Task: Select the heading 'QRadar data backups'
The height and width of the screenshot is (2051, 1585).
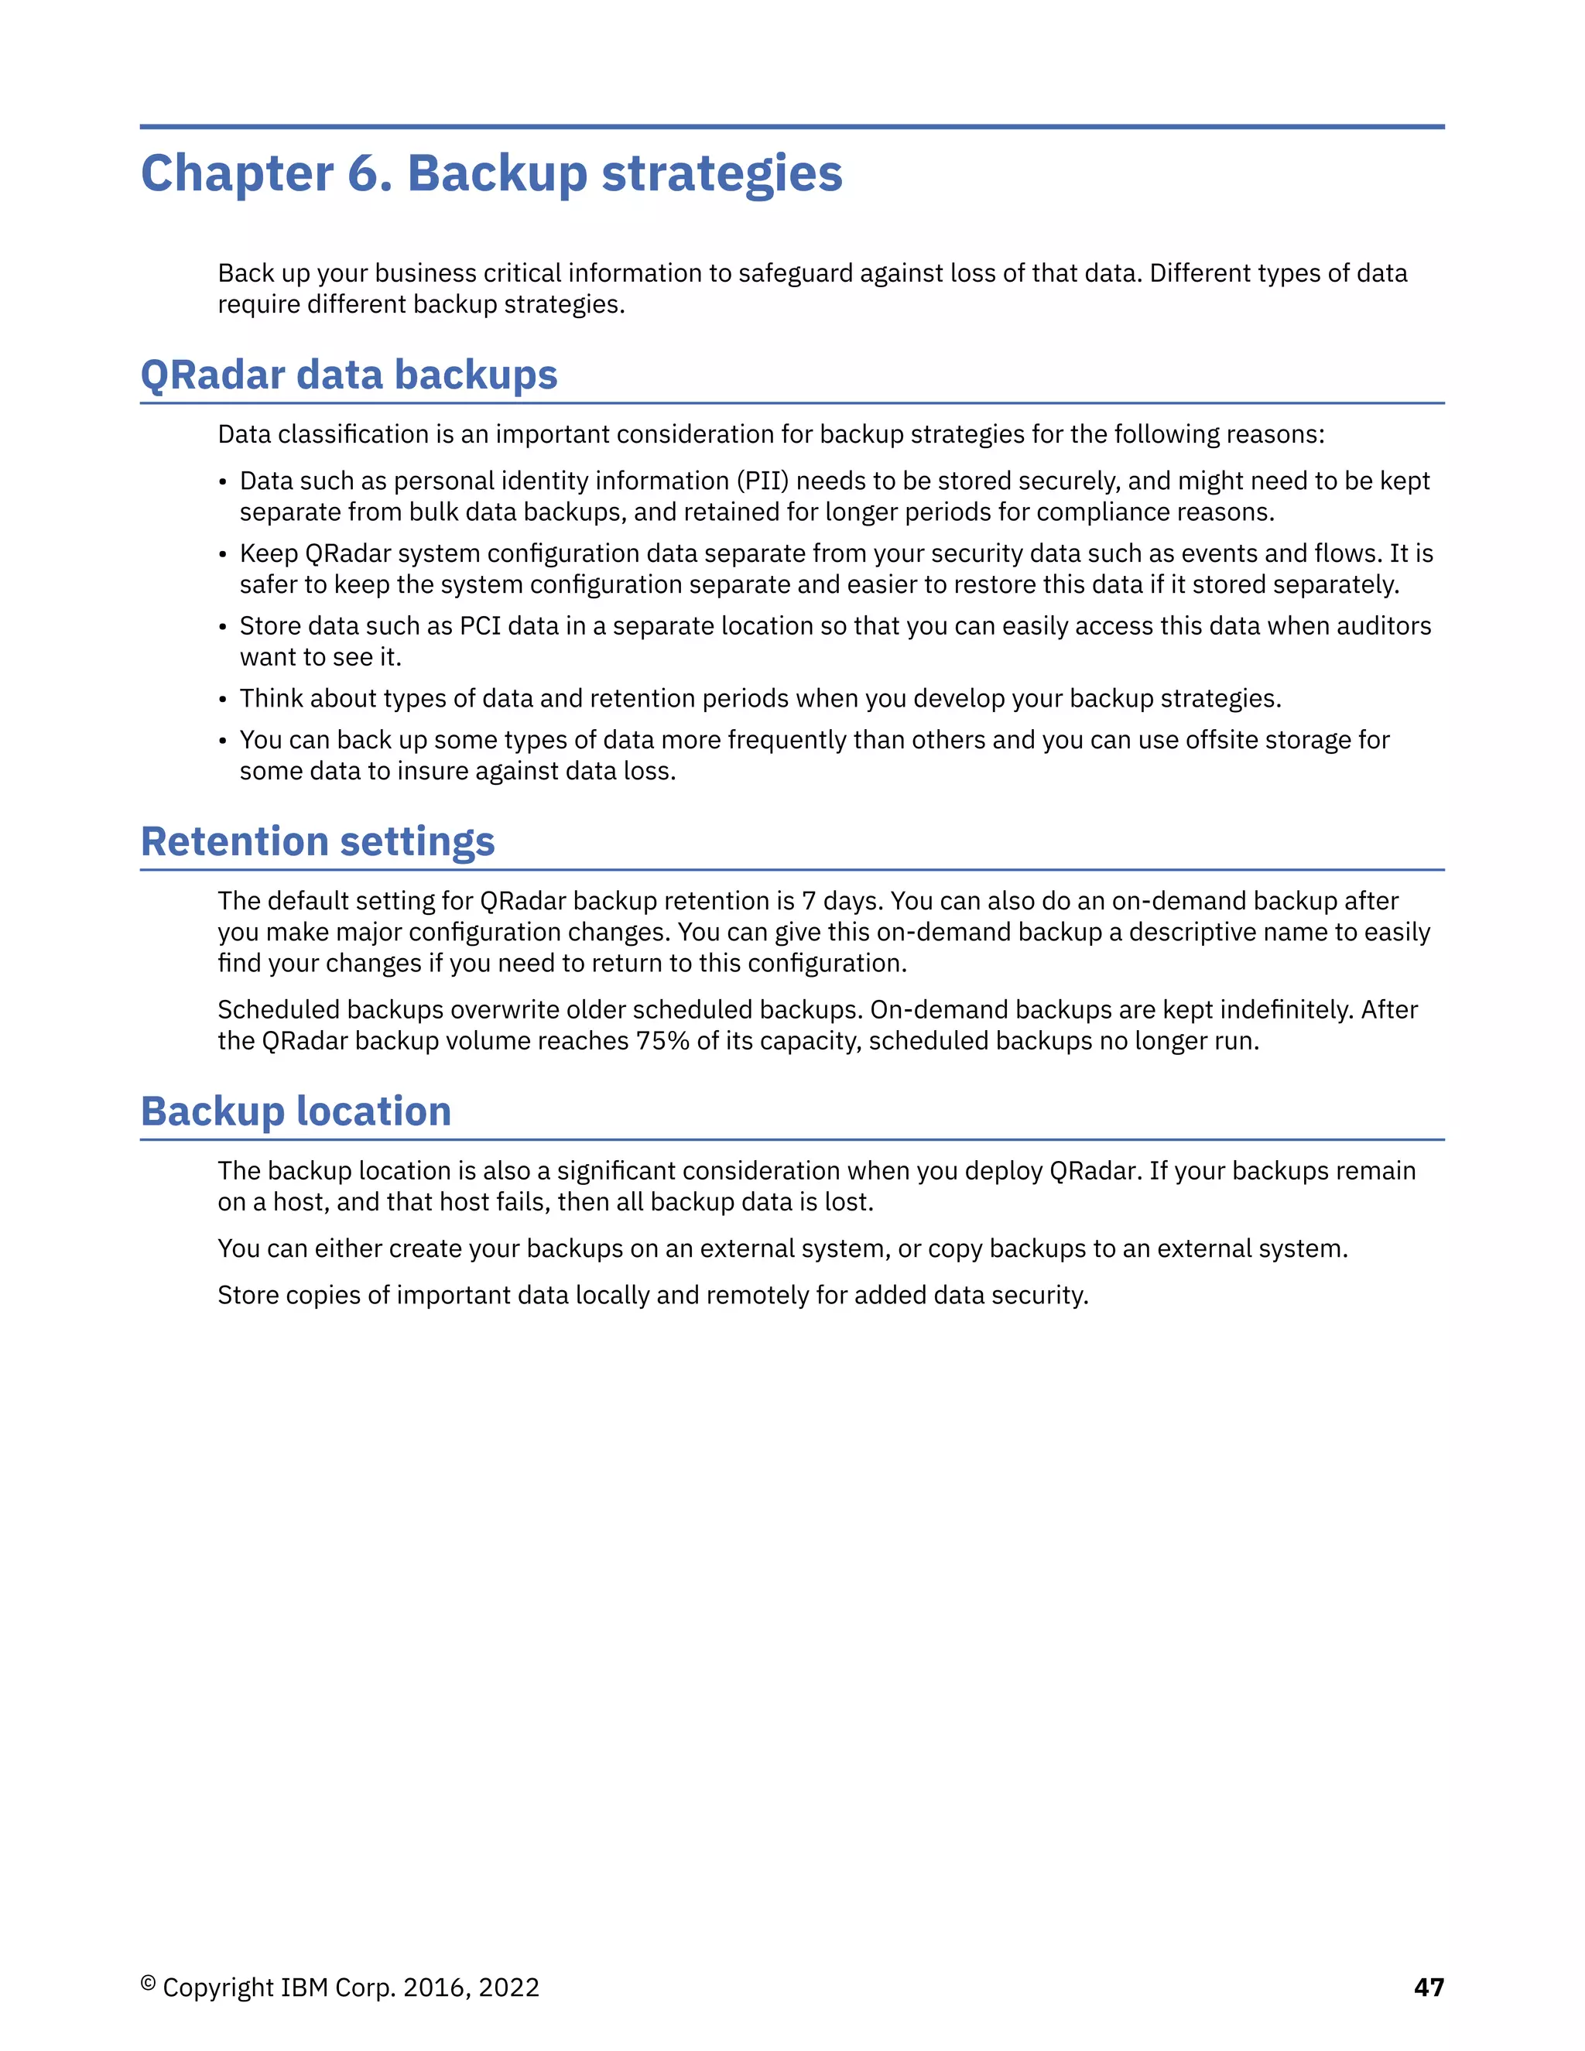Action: (x=348, y=375)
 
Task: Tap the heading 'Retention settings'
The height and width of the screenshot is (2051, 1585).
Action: (x=317, y=841)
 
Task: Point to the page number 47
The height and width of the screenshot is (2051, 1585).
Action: (x=1428, y=1987)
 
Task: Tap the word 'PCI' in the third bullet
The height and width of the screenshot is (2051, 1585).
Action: (x=480, y=626)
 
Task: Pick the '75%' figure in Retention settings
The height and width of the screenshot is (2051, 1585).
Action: (x=663, y=1042)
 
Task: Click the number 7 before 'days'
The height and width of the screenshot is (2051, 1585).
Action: (x=809, y=902)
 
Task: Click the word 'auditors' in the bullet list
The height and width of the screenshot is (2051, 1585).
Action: (x=1384, y=626)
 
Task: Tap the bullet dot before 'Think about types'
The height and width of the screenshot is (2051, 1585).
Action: (x=223, y=700)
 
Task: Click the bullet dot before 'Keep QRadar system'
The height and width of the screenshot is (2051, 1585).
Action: (x=223, y=555)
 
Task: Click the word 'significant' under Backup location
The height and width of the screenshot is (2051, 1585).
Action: (x=616, y=1171)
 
